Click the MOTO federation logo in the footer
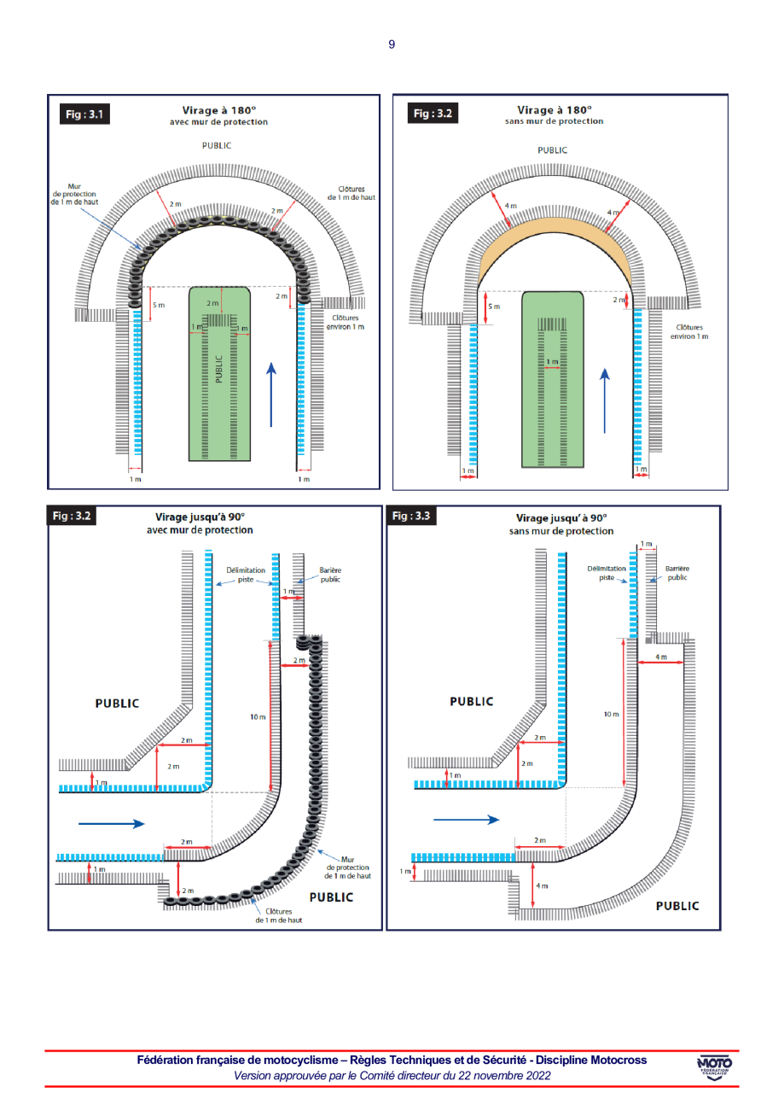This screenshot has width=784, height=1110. [x=714, y=1067]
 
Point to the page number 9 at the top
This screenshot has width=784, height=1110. [x=392, y=44]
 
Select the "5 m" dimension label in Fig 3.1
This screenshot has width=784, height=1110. [x=159, y=304]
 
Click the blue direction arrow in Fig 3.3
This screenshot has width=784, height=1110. [x=466, y=819]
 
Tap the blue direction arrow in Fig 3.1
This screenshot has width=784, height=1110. [x=271, y=394]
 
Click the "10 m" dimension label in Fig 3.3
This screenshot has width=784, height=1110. [x=611, y=714]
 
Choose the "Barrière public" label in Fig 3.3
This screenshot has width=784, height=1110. [x=677, y=572]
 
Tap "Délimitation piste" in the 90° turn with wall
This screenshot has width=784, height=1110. [x=245, y=573]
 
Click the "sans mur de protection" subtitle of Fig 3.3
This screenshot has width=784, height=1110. [x=561, y=530]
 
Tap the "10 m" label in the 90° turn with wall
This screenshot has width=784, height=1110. [x=258, y=717]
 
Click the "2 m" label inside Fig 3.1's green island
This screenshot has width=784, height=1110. [x=212, y=303]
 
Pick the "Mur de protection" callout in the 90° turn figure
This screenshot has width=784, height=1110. [x=348, y=868]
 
